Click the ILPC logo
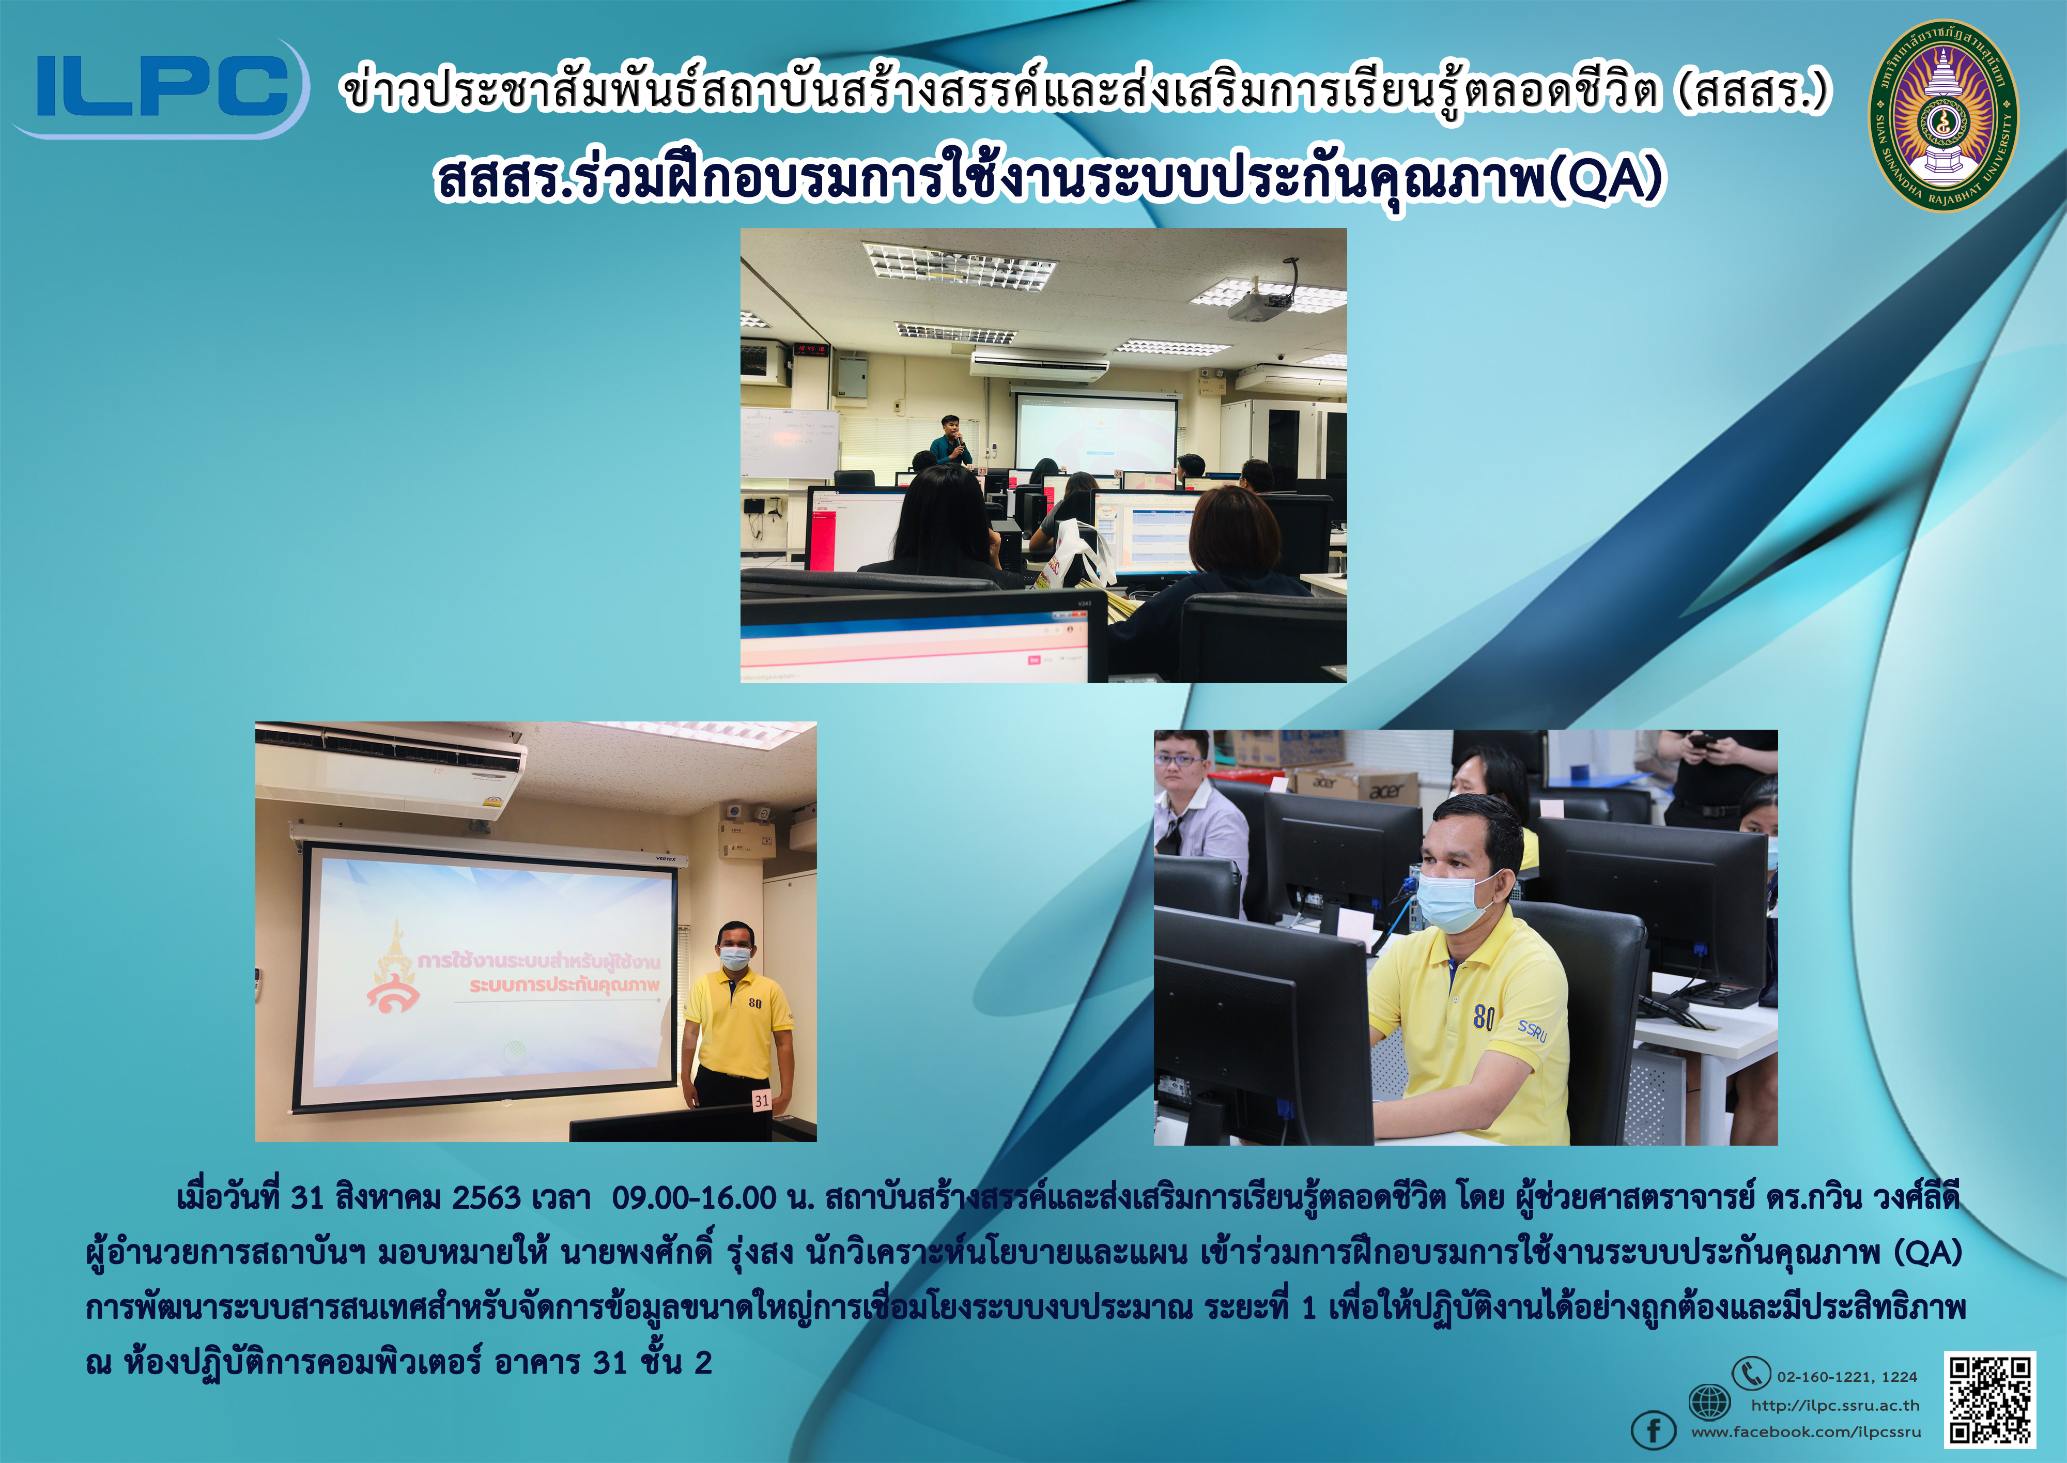pos(160,88)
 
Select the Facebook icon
pos(1654,1430)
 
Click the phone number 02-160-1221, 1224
pos(1847,1377)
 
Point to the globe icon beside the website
pos(1708,1402)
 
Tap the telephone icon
pos(1751,1374)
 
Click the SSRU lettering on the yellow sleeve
pos(1531,1030)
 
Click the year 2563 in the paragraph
pos(486,1198)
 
